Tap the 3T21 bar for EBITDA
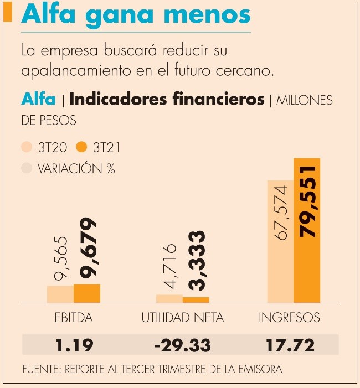(87, 293)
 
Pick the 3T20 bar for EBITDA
(60, 294)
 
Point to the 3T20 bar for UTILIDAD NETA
(169, 299)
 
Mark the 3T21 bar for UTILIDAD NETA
(196, 300)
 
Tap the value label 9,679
(87, 247)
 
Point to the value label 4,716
(170, 266)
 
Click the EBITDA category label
(74, 318)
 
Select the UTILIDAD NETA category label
(183, 318)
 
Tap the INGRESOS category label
(290, 318)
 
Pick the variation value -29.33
(183, 345)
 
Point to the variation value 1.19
(74, 345)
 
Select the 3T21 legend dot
(82, 147)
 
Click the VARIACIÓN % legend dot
(27, 168)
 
